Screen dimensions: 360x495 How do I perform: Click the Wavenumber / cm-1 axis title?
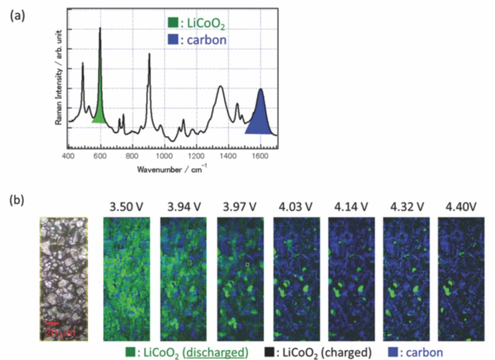coord(169,169)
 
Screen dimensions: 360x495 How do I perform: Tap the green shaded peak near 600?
coord(99,112)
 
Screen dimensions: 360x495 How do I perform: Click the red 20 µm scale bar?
coord(51,323)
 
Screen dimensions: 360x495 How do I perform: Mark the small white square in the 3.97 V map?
coord(247,264)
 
